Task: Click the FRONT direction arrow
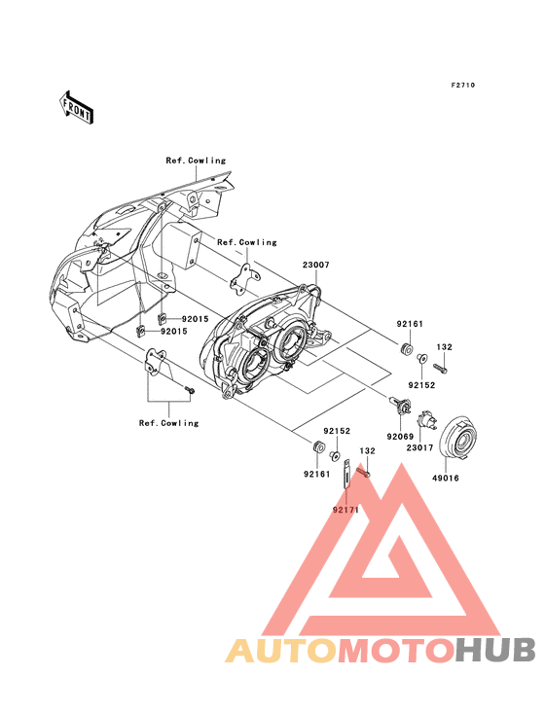coord(76,108)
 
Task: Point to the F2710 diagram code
coord(463,85)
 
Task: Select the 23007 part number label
coord(316,265)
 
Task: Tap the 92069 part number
coord(400,437)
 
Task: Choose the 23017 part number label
coord(419,447)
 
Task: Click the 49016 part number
coord(445,479)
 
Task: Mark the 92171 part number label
coord(345,510)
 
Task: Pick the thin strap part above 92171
coord(347,473)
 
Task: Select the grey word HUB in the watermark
coord(496,651)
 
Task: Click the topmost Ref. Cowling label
coord(196,160)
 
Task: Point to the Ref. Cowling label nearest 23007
coord(247,242)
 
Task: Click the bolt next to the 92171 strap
coord(363,473)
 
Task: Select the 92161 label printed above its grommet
coord(410,324)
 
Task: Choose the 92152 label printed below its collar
coord(421,385)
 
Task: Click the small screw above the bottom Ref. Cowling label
coord(189,389)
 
